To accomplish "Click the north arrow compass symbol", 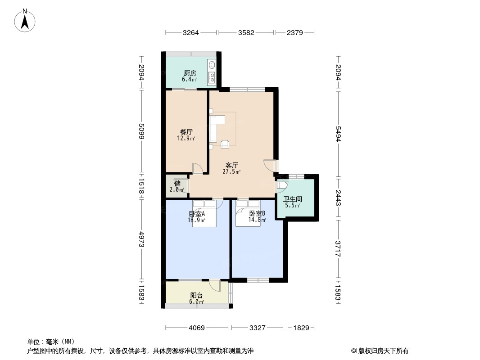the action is click(x=25, y=21).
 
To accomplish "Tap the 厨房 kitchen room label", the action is click(x=190, y=73).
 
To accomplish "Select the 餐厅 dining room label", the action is click(x=186, y=132).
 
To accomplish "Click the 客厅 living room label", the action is click(x=232, y=165).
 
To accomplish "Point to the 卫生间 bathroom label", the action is click(x=293, y=199).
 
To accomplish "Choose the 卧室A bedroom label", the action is click(x=197, y=213).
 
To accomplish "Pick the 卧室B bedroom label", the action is click(x=257, y=213).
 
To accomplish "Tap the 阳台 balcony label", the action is click(x=196, y=296).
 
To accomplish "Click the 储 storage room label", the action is click(x=177, y=184).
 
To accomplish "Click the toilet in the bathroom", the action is click(x=282, y=185).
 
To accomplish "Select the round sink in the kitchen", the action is click(x=212, y=64).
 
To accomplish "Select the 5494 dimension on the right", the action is click(x=338, y=134).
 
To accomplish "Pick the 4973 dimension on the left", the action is click(x=141, y=239).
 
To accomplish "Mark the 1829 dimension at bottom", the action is click(x=301, y=328).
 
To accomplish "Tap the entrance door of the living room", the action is click(x=270, y=166).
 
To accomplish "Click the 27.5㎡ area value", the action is click(x=231, y=171).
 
